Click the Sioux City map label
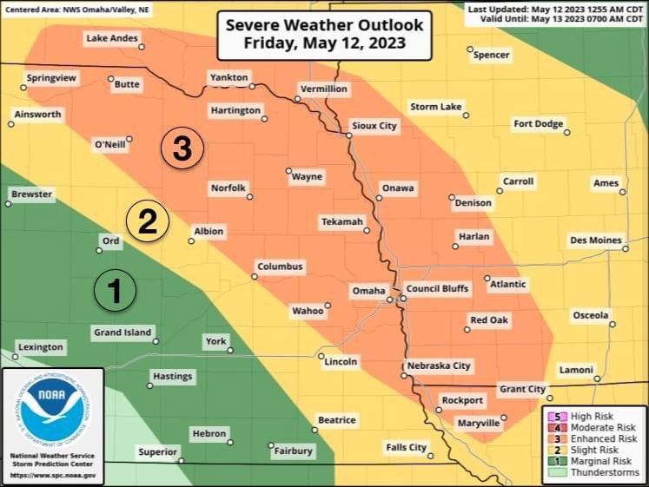point(374,126)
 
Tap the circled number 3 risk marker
point(182,148)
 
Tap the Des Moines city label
point(595,240)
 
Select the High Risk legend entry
point(593,417)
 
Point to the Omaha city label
point(368,290)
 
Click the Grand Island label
point(122,332)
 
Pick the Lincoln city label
point(340,362)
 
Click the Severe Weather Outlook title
point(324,33)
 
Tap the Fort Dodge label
point(538,123)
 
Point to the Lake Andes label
point(111,38)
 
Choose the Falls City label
point(406,447)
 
